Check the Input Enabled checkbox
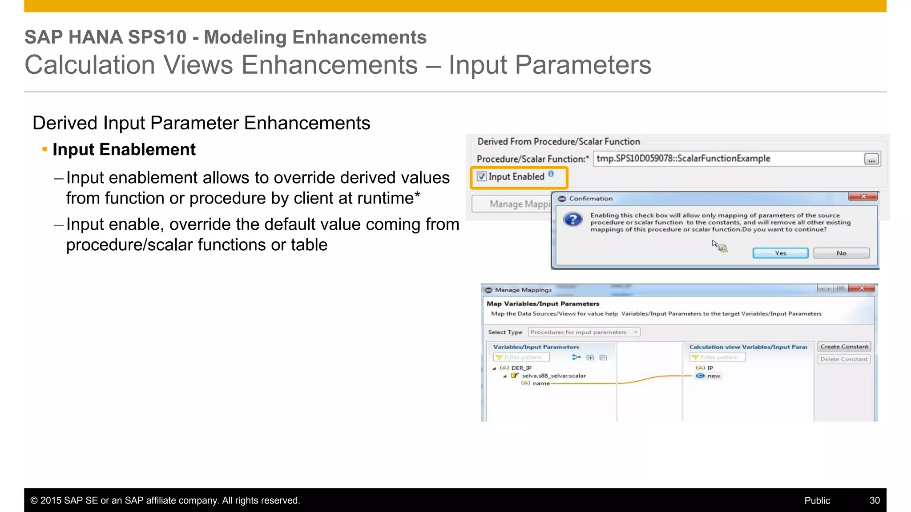(482, 177)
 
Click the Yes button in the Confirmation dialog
(780, 253)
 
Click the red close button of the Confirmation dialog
(863, 197)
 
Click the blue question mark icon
(573, 220)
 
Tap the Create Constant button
(844, 347)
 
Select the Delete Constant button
(844, 359)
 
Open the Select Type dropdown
(584, 332)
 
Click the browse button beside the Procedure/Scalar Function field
(871, 159)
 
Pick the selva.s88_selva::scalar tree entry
(553, 376)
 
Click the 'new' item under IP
(713, 376)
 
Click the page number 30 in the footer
(875, 500)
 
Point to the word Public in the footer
(817, 500)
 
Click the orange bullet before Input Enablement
(44, 149)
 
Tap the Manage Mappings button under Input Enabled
(512, 204)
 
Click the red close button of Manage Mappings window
(862, 288)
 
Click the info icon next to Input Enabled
(551, 174)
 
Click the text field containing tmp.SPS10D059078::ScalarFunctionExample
(727, 159)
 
